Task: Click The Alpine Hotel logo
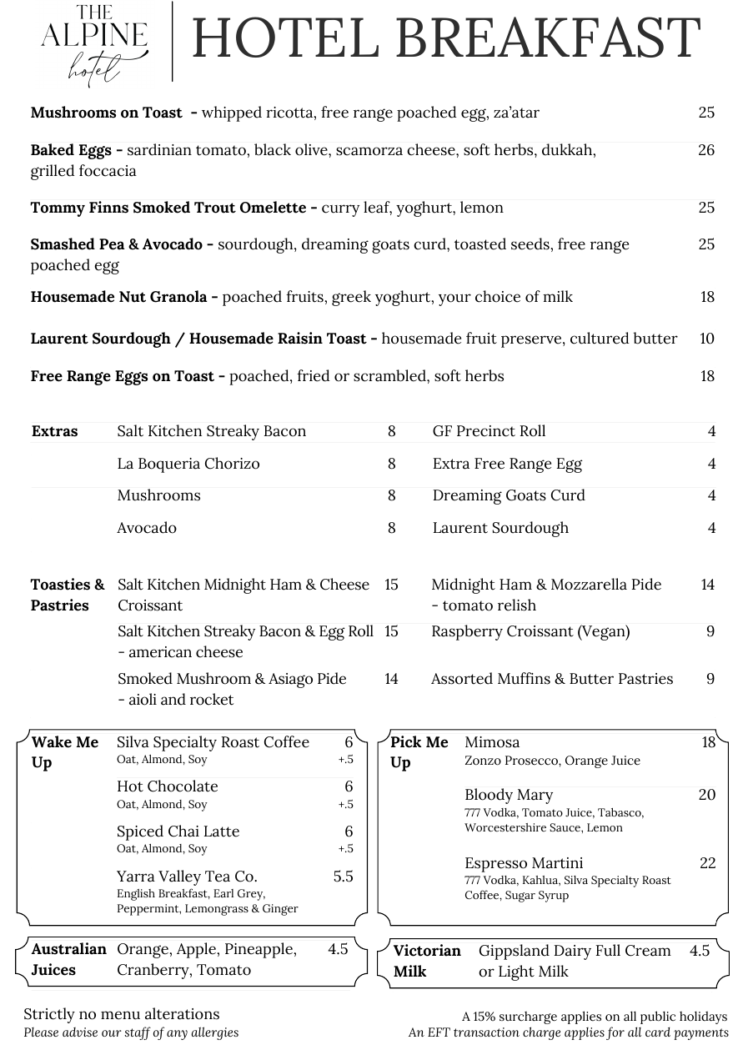94,42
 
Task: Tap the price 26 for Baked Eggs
706,150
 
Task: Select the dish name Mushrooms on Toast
106,113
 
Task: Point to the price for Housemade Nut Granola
707,297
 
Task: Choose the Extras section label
55,431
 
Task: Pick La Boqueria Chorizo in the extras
188,464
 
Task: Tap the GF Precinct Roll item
489,431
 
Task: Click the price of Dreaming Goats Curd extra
711,495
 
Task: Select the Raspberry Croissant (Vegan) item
530,631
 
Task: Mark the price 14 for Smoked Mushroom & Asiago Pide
391,679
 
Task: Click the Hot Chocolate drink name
168,786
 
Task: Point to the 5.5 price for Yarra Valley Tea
343,877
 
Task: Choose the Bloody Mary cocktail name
509,795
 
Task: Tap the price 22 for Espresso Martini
707,863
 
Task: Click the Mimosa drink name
492,742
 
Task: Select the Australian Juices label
68,959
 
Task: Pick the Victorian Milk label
427,961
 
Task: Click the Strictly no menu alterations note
122,1014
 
